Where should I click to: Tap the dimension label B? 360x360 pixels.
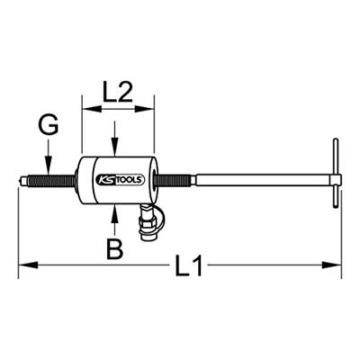click(x=114, y=248)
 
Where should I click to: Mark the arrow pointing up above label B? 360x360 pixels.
click(x=115, y=213)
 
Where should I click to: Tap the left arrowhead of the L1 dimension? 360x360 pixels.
click(x=24, y=264)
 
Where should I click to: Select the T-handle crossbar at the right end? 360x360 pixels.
click(x=335, y=181)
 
